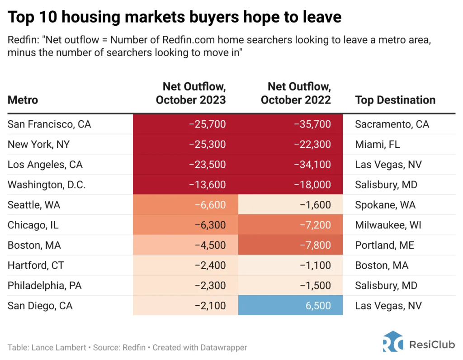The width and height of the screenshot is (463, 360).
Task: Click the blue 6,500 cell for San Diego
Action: pos(290,306)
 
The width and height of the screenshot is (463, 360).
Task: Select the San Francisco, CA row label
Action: pos(49,124)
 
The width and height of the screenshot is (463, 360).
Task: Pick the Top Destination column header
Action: pos(395,100)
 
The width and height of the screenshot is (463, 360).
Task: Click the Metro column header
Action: pos(23,100)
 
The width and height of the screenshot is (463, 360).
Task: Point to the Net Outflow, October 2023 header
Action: pos(191,93)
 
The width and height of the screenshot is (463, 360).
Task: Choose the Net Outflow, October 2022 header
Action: pos(296,93)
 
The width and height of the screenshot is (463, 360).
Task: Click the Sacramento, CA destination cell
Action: pos(392,124)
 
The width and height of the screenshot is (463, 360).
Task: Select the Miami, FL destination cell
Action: pos(378,144)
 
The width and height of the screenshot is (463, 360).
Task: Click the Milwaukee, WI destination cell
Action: pos(388,225)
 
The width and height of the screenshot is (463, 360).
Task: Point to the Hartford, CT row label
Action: pos(36,265)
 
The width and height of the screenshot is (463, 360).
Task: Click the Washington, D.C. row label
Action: pos(47,185)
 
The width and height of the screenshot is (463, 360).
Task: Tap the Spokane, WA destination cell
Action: pos(385,205)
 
